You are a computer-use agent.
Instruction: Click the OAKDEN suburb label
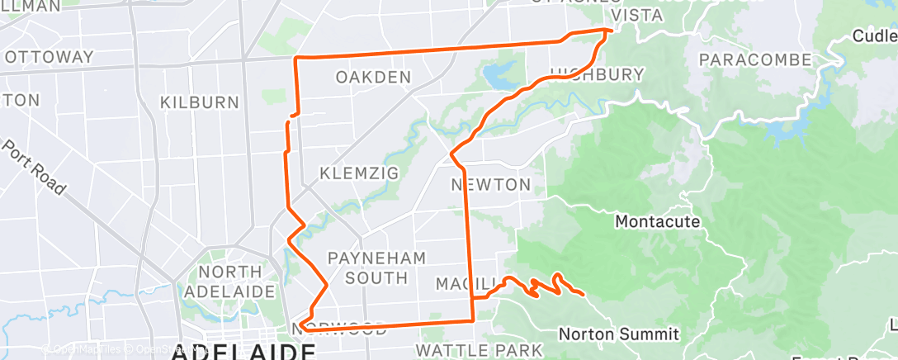373,78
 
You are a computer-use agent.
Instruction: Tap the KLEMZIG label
359,173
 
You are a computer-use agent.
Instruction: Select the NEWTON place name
490,184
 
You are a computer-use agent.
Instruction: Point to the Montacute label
658,221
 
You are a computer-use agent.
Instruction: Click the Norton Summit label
619,334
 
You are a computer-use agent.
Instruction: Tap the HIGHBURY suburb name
596,74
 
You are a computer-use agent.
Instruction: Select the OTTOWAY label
49,57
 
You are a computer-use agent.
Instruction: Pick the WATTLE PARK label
478,350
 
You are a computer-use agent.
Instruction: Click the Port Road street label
34,165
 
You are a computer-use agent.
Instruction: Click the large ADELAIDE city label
243,353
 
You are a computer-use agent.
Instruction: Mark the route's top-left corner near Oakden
297,58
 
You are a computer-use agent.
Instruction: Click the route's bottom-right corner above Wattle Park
472,320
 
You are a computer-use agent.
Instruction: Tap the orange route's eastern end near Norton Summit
584,293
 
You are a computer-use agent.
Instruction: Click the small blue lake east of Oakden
499,77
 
